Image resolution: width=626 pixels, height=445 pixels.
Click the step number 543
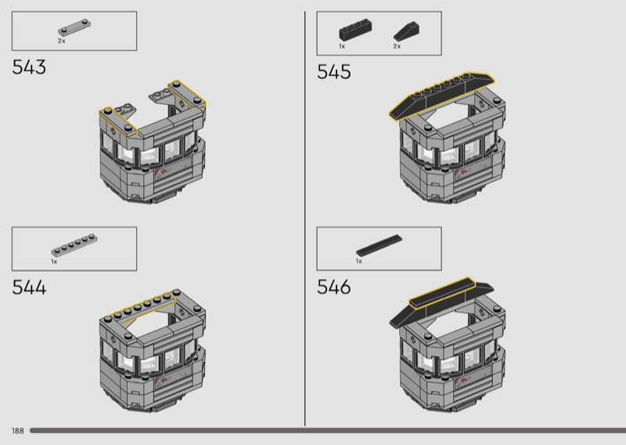click(29, 67)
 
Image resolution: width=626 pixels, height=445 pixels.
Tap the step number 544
click(29, 287)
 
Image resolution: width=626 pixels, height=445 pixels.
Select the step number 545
click(334, 72)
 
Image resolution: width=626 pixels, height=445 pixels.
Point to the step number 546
click(334, 287)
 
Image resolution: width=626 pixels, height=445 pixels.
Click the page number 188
click(18, 431)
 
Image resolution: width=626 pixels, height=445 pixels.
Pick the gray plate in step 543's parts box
click(74, 27)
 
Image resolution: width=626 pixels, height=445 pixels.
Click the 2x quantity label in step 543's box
click(62, 41)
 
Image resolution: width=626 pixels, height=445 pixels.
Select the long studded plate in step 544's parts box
click(74, 244)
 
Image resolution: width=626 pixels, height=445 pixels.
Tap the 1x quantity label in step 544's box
click(54, 262)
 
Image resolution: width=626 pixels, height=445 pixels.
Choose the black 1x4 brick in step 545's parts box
click(356, 31)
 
